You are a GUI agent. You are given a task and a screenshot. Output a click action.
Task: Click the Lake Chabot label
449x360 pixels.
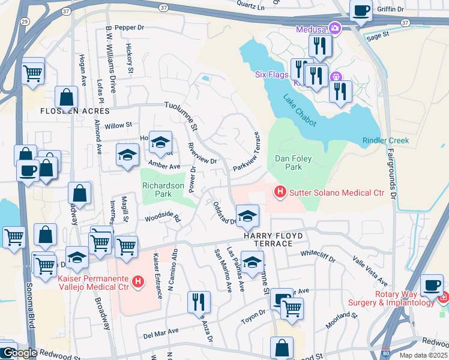[300, 107]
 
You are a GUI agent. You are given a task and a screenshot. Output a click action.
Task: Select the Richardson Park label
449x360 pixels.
[163, 190]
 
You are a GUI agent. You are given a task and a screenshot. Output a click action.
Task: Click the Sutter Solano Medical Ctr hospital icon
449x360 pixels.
[279, 192]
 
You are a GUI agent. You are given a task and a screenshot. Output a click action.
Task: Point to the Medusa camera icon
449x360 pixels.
[335, 28]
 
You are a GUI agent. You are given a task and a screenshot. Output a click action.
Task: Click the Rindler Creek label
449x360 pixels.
[385, 140]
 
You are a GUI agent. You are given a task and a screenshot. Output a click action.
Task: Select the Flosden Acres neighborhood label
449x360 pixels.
[75, 111]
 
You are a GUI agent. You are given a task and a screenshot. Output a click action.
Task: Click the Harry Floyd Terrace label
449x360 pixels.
[268, 240]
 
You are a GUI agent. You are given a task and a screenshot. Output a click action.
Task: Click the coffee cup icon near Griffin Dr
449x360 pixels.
[361, 10]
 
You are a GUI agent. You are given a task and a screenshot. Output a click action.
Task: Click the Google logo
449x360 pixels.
[19, 353]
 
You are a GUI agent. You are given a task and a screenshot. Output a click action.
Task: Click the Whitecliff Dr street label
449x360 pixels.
[318, 257]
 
